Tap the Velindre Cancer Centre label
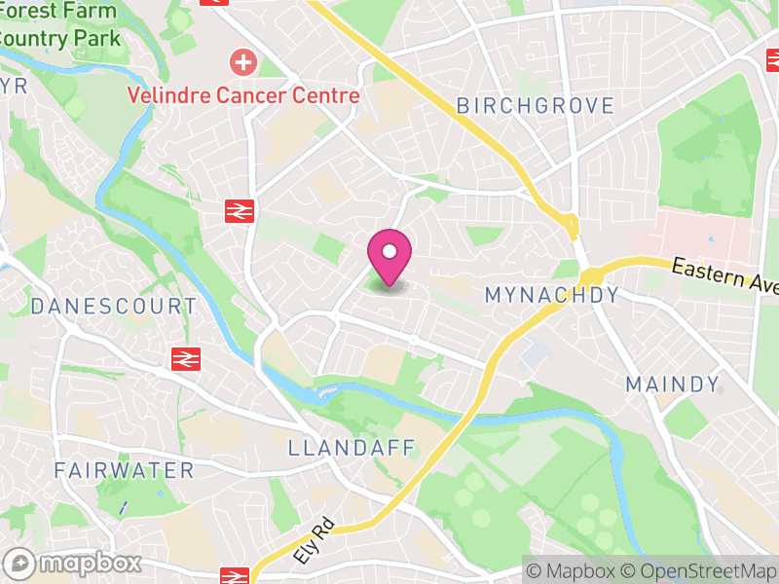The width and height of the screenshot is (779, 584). (x=243, y=95)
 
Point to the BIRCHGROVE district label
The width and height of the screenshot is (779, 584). (x=536, y=105)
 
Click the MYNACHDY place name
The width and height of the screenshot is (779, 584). (x=551, y=294)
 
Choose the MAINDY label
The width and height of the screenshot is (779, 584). (x=673, y=383)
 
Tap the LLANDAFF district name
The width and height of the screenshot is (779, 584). (x=352, y=448)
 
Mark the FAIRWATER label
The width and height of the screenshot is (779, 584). (x=124, y=470)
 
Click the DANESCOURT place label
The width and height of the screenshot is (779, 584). (x=113, y=306)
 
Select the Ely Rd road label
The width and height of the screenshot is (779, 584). (x=314, y=541)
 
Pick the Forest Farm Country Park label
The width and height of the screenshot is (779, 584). (x=58, y=25)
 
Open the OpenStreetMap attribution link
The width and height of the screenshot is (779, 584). (x=697, y=570)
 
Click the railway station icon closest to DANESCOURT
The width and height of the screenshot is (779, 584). (x=184, y=358)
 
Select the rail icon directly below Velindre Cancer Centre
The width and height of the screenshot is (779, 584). (x=237, y=210)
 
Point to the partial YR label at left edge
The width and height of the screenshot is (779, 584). (x=14, y=87)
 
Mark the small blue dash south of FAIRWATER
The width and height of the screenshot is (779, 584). (x=124, y=507)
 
